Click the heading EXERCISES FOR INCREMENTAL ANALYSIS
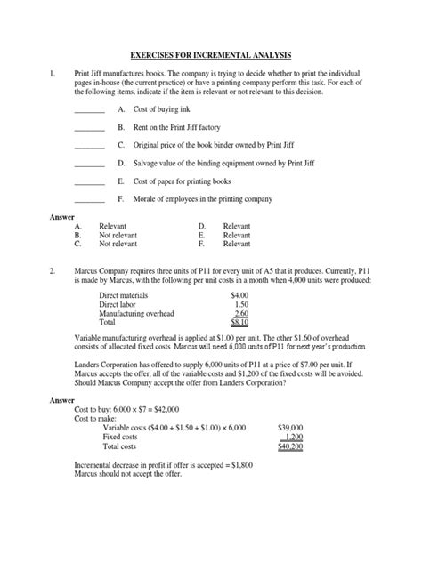(x=210, y=54)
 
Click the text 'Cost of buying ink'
(x=165, y=108)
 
